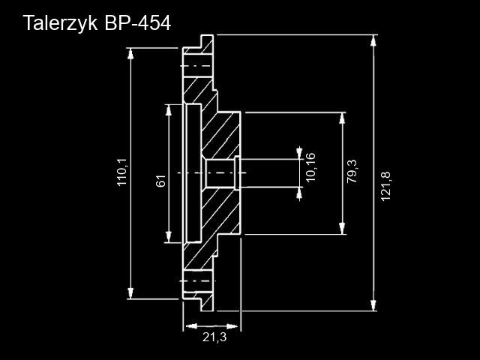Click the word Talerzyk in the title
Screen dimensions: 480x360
point(60,23)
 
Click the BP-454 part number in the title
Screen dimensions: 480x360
point(137,23)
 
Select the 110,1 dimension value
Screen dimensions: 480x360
point(121,173)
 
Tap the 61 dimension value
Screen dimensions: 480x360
point(160,181)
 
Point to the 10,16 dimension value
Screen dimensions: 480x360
point(310,166)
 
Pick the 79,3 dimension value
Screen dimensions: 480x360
point(352,172)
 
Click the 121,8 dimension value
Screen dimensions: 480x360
point(385,187)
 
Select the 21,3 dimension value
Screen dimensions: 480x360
point(214,337)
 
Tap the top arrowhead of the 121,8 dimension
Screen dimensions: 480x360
point(373,40)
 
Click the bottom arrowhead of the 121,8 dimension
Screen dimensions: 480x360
point(373,305)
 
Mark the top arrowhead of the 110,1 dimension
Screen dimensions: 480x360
point(130,53)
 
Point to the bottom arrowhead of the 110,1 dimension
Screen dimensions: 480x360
point(130,293)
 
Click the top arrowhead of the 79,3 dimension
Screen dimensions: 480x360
point(342,118)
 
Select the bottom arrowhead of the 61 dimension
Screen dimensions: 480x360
point(168,237)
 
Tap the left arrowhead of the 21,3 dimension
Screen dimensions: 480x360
point(191,326)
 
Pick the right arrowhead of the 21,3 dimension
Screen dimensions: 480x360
point(232,326)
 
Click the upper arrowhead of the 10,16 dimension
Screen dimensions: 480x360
point(299,153)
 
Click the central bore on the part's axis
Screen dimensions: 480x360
point(220,173)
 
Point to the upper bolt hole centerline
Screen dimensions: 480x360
point(196,66)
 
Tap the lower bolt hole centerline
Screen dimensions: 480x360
point(197,280)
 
